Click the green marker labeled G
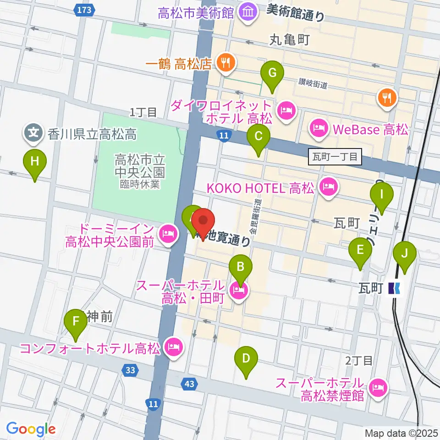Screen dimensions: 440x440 272,73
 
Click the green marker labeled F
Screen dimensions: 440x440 76,323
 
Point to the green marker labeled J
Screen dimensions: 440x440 404,254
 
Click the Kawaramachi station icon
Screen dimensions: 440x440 394,288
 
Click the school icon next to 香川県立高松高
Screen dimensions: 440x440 33,133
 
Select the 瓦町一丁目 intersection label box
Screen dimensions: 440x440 335,157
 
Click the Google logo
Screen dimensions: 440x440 31,429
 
